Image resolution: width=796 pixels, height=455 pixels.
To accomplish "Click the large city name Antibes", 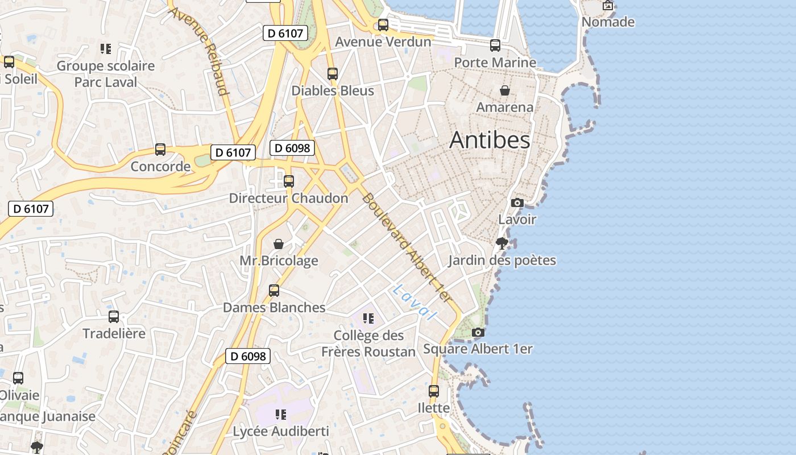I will (490, 140).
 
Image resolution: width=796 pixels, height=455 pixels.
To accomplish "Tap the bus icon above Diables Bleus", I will (333, 73).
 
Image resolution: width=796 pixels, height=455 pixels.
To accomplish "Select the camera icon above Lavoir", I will (517, 202).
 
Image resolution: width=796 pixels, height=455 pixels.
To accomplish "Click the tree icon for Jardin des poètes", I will (501, 243).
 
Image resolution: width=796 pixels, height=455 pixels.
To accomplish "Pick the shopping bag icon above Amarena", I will (504, 90).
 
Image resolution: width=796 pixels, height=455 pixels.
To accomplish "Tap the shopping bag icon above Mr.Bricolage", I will (279, 244).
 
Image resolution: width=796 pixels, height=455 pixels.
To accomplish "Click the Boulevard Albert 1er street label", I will (406, 247).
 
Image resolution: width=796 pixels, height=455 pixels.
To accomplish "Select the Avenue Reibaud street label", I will (206, 51).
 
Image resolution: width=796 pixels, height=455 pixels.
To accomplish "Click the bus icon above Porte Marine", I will (495, 45).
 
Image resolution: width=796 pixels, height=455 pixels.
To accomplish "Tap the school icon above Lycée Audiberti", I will (280, 415).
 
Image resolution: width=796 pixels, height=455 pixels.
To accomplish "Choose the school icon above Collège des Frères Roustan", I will (368, 318).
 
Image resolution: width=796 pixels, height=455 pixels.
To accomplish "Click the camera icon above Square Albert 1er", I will (478, 332).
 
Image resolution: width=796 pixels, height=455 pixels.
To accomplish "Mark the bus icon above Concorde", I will (160, 150).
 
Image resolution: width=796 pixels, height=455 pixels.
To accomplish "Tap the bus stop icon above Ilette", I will (434, 391).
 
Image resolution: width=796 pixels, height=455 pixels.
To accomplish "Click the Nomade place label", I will (608, 22).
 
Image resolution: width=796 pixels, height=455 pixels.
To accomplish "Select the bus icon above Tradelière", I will (114, 317).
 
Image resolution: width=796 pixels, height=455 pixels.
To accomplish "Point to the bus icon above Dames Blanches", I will (274, 291).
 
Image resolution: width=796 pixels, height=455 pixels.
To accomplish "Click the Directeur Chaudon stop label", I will (288, 198).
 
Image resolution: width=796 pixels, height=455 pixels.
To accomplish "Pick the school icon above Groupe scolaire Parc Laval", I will (105, 49).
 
